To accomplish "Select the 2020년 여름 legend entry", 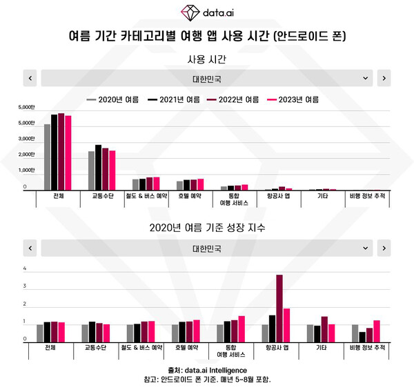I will (113, 99).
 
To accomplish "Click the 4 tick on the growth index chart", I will (26, 269).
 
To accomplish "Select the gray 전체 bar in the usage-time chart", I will (47, 157).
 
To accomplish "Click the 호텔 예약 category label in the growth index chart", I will (187, 348).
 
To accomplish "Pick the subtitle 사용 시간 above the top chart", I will (207, 61).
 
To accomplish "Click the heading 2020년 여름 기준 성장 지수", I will (207, 227).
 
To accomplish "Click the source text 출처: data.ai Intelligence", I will (207, 370).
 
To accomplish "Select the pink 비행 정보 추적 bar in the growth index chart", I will (377, 331).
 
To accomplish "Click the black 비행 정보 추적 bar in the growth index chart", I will (362, 337).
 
